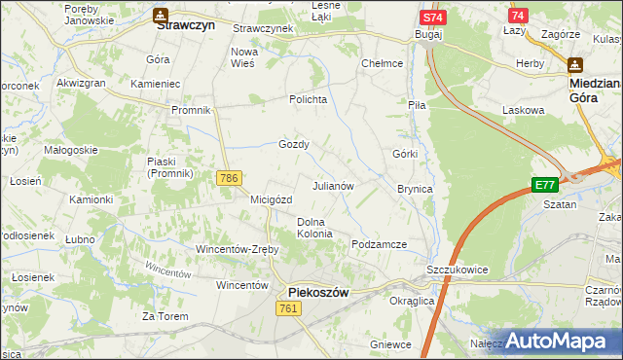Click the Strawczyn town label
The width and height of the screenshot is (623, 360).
point(185,28)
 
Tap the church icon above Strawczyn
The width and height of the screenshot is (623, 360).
point(159,15)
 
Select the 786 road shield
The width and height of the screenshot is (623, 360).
point(229,177)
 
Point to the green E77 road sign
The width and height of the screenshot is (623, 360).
point(545,185)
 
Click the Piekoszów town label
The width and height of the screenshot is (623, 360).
point(318,291)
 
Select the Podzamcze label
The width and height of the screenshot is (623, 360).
point(379,244)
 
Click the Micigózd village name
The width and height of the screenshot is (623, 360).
point(271,199)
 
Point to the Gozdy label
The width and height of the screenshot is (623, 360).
point(294,144)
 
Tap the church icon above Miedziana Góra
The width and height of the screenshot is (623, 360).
point(574,64)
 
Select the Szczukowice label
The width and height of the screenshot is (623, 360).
point(457,269)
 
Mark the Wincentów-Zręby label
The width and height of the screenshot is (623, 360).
point(238,249)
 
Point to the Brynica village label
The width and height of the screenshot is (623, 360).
point(415,189)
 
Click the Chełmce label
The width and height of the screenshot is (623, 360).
point(382,63)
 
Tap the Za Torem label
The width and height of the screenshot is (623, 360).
point(164,315)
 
